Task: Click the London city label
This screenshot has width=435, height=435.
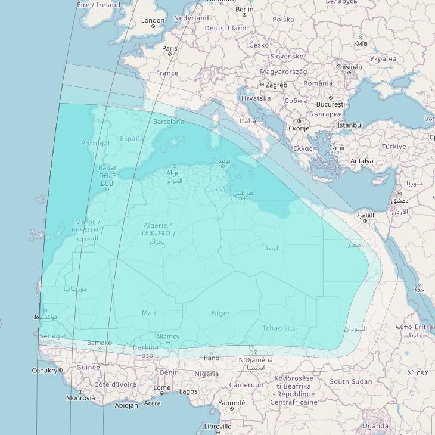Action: point(153,20)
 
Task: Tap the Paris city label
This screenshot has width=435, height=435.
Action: point(170,48)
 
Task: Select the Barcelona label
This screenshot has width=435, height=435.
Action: point(169,122)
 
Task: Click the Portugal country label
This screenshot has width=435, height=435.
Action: point(95,143)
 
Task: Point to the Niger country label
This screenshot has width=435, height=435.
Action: point(220,313)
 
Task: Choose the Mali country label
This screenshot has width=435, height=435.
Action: point(149,313)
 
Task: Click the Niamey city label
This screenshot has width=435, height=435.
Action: point(167,337)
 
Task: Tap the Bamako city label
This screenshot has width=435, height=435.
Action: point(99,343)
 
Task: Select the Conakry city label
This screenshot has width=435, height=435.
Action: point(45,370)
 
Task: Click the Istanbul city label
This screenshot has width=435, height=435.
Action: point(350,125)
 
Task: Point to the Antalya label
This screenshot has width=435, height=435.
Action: point(362,161)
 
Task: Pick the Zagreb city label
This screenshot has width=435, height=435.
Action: point(276,85)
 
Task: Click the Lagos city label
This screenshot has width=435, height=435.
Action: point(188,392)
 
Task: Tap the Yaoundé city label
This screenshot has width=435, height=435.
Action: point(232,403)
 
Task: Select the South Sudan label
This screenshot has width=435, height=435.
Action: point(351,381)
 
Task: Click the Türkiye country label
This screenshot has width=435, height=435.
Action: point(394,147)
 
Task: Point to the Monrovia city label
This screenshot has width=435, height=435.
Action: point(80,398)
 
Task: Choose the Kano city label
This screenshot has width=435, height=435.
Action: point(211,358)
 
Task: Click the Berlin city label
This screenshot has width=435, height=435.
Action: point(244,9)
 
